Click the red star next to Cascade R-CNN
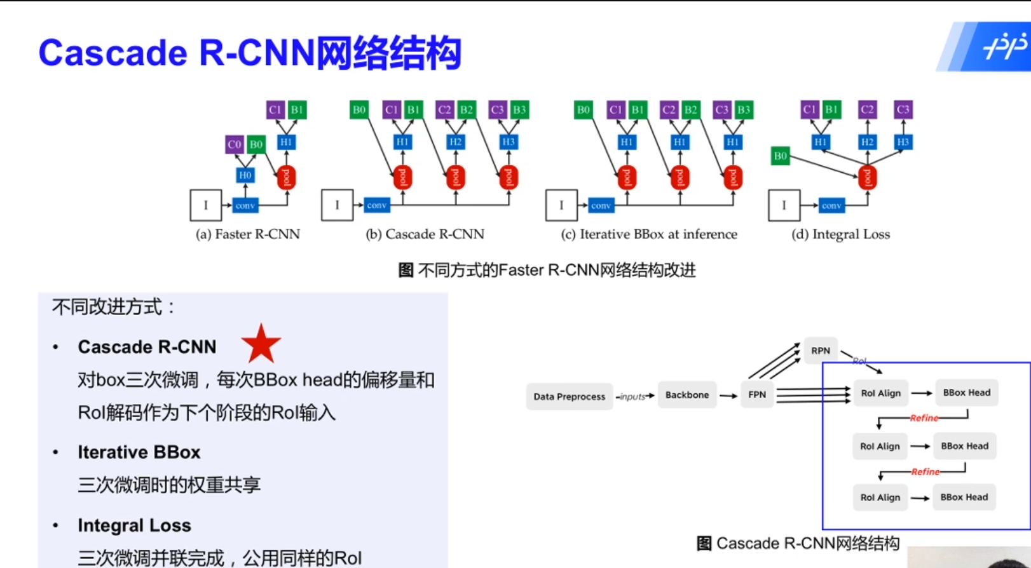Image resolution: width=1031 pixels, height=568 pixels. (261, 344)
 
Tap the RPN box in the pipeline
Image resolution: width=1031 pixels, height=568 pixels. (820, 351)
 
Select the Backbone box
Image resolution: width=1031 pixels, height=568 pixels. (686, 395)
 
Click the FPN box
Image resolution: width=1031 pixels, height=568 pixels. (756, 395)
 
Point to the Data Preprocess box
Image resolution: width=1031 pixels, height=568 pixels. (569, 396)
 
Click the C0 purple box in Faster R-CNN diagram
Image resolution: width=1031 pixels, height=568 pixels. (234, 144)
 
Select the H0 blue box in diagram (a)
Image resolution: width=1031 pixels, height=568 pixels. (245, 175)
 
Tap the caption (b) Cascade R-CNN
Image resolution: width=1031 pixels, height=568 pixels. (425, 234)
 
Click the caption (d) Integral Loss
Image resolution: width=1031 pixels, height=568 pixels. (840, 234)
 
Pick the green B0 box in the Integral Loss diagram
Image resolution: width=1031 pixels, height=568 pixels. (780, 156)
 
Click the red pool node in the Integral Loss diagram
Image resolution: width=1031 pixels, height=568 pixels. (867, 177)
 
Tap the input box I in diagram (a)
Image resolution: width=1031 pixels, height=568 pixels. (205, 205)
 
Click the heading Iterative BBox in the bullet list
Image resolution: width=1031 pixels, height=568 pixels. (139, 452)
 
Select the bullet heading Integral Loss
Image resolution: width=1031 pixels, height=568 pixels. (134, 525)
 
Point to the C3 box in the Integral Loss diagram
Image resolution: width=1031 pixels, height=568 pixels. (903, 109)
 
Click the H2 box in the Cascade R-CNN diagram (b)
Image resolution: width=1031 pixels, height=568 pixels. (455, 142)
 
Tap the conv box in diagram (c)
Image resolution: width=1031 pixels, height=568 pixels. (601, 205)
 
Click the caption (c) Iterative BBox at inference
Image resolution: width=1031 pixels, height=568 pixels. (649, 234)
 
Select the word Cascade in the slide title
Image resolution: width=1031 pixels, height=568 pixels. (113, 53)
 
